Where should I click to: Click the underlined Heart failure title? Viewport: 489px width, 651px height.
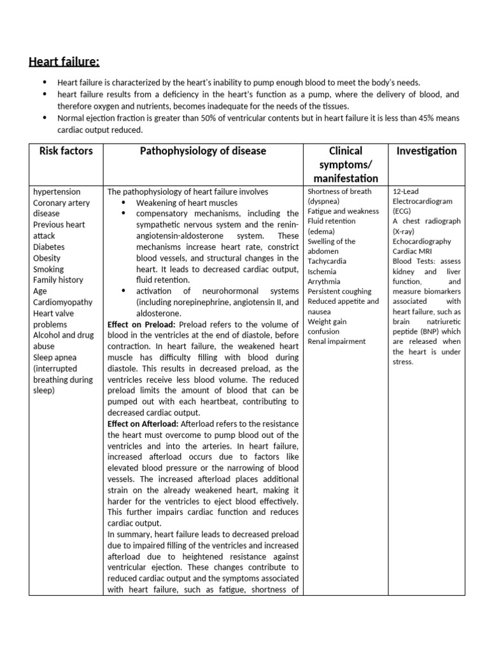[64, 61]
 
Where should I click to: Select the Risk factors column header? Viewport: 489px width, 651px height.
[66, 151]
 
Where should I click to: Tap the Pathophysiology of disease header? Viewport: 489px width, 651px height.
[203, 151]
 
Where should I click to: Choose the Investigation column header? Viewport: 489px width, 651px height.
[426, 151]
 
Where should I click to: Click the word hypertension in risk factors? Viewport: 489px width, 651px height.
[57, 191]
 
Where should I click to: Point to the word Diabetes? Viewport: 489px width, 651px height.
[49, 247]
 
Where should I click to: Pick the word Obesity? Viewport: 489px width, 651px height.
[47, 258]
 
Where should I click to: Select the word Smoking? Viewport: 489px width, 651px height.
[49, 269]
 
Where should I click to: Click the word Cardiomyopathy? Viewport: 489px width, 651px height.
[62, 302]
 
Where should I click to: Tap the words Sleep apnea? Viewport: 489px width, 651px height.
[55, 357]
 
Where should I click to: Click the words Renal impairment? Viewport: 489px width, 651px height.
[336, 341]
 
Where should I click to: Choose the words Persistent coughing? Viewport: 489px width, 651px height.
[339, 291]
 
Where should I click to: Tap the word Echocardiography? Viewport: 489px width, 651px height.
[422, 242]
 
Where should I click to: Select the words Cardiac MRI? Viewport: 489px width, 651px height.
[412, 251]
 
